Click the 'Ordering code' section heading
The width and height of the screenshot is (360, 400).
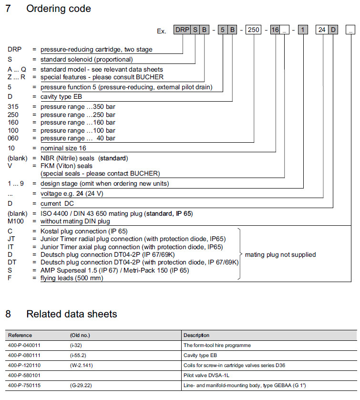pyautogui.click(x=58, y=9)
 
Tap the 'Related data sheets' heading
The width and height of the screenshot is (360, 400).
pyautogui.click(x=72, y=314)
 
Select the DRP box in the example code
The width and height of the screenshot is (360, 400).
pyautogui.click(x=182, y=30)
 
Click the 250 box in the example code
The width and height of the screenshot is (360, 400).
pyautogui.click(x=254, y=30)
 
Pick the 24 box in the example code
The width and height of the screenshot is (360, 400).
pyautogui.click(x=322, y=30)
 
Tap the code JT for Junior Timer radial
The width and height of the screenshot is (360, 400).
pyautogui.click(x=11, y=239)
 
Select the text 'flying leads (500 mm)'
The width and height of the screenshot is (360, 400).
pyautogui.click(x=72, y=278)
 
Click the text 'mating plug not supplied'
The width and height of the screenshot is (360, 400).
pyautogui.click(x=280, y=254)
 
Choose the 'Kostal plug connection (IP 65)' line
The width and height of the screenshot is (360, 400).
pyautogui.click(x=84, y=231)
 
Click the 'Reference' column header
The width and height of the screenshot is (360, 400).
pyautogui.click(x=20, y=335)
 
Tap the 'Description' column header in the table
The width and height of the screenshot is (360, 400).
pyautogui.click(x=196, y=335)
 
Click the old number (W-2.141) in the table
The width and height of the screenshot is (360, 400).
pyautogui.click(x=82, y=365)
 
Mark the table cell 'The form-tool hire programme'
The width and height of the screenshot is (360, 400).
pyautogui.click(x=217, y=345)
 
